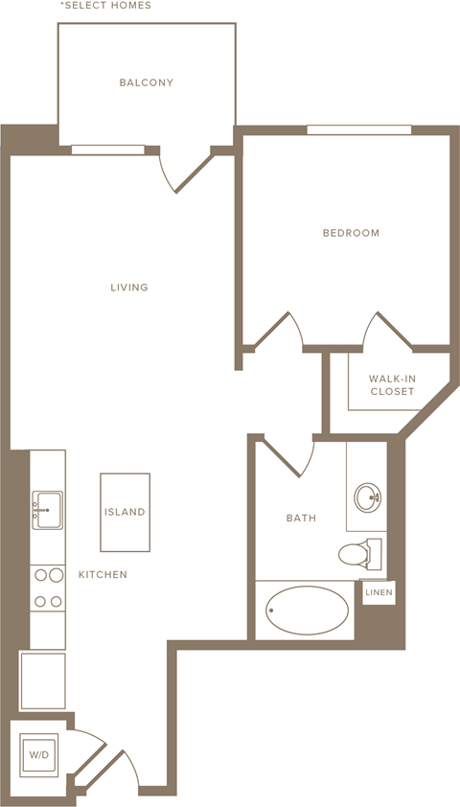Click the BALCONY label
pyautogui.click(x=147, y=82)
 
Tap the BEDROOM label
pyautogui.click(x=351, y=233)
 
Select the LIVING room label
pyautogui.click(x=128, y=288)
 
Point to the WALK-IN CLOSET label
pyautogui.click(x=392, y=385)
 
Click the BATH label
pyautogui.click(x=301, y=519)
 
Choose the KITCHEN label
pyautogui.click(x=103, y=575)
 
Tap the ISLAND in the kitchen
pyautogui.click(x=126, y=512)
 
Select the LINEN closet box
pyautogui.click(x=379, y=594)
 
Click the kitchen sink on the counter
pyautogui.click(x=47, y=509)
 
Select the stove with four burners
pyautogui.click(x=48, y=588)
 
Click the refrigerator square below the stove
pyautogui.click(x=43, y=680)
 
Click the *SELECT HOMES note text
pyautogui.click(x=105, y=6)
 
